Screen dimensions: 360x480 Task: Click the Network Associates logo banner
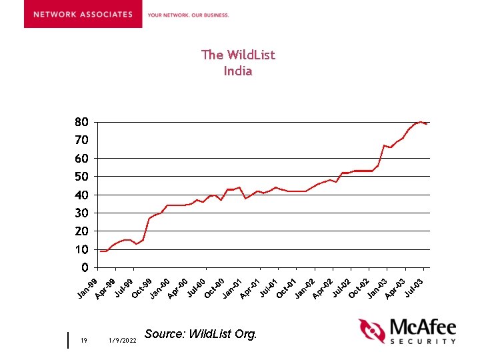pos(83,14)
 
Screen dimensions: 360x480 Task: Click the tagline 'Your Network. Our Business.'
pos(188,15)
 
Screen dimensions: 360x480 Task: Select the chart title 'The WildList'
pos(238,55)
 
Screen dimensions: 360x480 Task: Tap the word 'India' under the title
pos(238,71)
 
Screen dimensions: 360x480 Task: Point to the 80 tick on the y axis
pos(81,122)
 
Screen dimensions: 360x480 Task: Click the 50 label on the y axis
pos(81,177)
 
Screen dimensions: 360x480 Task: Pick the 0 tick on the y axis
pos(85,267)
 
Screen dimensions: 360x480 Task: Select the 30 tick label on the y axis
pos(81,213)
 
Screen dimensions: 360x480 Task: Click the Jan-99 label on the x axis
pos(87,287)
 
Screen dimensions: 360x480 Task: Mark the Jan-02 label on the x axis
pos(305,287)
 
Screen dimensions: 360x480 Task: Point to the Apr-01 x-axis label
pos(250,287)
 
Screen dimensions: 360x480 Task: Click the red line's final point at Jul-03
pos(426,124)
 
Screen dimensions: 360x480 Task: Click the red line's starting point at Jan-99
pos(101,251)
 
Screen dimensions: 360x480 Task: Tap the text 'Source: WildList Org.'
pos(200,334)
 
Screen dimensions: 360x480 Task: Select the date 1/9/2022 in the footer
pos(121,341)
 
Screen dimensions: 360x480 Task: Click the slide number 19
pos(84,341)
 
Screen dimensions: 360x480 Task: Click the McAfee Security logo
pos(407,331)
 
